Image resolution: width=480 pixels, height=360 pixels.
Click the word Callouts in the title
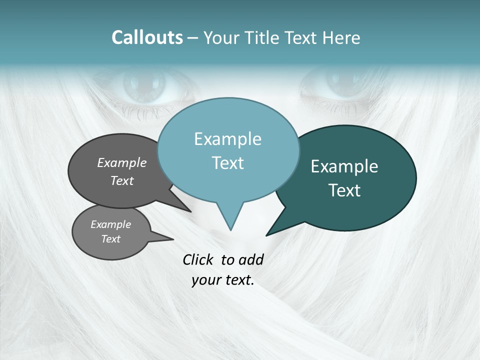tap(147, 37)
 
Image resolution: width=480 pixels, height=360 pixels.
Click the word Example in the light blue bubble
tap(228, 139)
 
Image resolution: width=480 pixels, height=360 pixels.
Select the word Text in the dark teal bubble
tap(344, 190)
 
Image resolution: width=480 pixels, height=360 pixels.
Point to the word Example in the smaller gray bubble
tap(111, 224)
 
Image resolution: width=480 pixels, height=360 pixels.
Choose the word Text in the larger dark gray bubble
tap(122, 180)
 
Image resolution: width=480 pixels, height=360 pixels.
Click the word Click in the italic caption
tap(198, 259)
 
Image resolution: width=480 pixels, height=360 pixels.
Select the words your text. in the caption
tap(223, 280)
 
